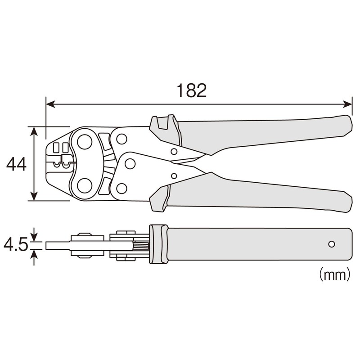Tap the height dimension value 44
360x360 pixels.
point(16,164)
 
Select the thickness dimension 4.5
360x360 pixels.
point(15,245)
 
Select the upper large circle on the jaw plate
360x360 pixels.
point(84,142)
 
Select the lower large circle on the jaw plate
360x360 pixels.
point(84,185)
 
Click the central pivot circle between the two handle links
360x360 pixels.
point(130,163)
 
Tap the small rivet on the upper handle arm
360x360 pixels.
point(174,152)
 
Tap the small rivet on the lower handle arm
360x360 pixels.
point(174,176)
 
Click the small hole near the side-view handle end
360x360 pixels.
point(332,244)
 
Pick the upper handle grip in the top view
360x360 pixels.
point(265,133)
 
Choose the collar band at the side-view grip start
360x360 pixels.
point(158,244)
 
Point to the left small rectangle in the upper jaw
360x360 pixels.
point(56,148)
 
